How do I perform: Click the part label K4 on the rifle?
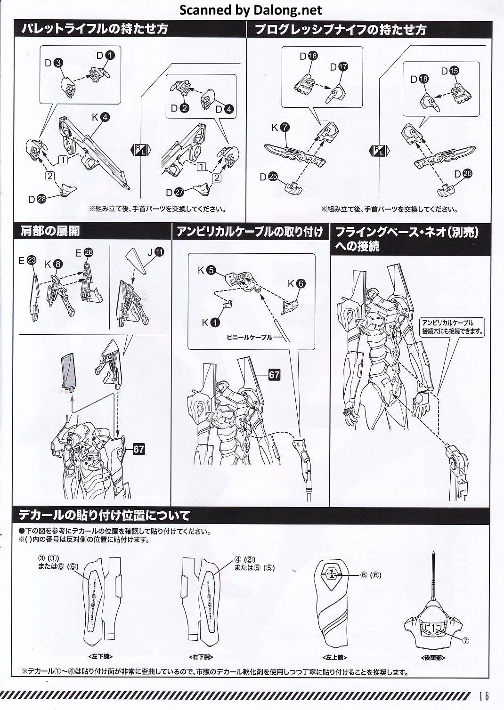click(x=100, y=117)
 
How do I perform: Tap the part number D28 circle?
click(x=41, y=199)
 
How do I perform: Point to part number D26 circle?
click(x=467, y=174)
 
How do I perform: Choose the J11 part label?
click(x=155, y=252)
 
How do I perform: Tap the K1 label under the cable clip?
click(x=211, y=323)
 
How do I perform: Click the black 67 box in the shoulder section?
click(x=138, y=449)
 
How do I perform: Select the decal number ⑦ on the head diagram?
click(x=465, y=640)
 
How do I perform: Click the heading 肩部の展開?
click(x=50, y=231)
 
